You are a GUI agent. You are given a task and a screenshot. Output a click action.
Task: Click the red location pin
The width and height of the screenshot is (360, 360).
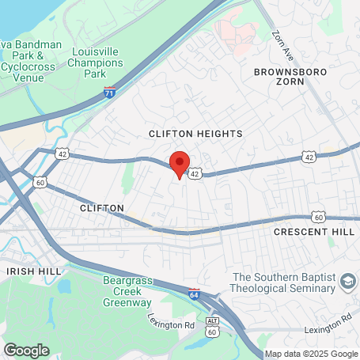tap(180, 165)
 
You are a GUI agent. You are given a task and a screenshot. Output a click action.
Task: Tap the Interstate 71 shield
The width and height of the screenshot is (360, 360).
tap(110, 93)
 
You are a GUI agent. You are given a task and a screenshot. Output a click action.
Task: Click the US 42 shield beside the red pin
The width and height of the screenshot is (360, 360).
tap(195, 172)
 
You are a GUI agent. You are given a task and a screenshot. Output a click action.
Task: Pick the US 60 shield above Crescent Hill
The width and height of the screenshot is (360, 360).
tap(317, 216)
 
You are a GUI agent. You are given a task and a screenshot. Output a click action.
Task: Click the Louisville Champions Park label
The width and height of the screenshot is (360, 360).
tap(94, 63)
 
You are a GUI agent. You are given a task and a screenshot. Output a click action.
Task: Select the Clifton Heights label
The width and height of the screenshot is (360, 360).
tap(195, 135)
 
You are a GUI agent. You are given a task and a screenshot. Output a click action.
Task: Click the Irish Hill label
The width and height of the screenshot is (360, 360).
tap(32, 271)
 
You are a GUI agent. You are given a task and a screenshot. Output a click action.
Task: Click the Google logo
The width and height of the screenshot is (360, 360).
tap(26, 350)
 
